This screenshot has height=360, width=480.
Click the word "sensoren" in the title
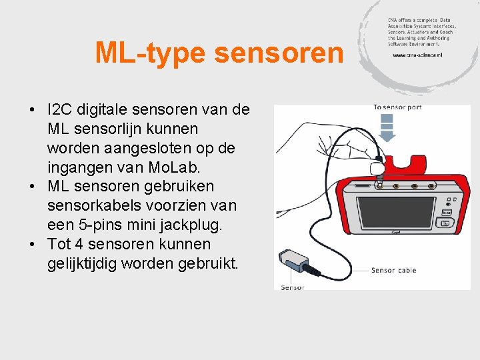pos(279,53)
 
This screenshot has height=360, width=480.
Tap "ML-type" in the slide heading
pos(151,53)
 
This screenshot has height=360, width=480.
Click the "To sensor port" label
pos(397,107)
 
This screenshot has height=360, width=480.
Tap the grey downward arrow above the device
pos(387,126)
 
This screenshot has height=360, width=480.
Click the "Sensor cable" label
pos(393,270)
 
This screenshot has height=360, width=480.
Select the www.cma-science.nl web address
pos(417,55)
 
